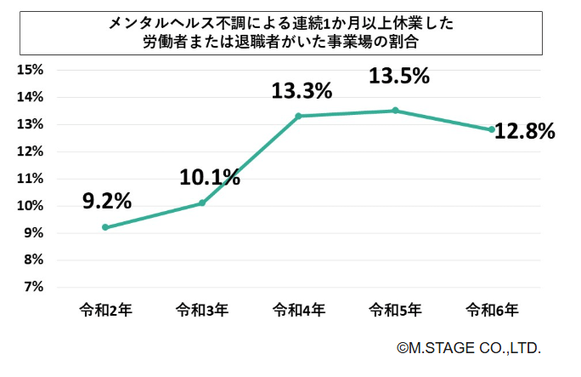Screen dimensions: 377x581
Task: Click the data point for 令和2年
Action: [x=105, y=227]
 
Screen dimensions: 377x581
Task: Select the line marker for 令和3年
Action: [x=202, y=203]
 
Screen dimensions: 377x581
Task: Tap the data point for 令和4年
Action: [x=299, y=116]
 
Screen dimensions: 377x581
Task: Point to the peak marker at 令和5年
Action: [x=395, y=111]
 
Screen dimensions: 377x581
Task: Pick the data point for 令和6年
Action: [x=492, y=129]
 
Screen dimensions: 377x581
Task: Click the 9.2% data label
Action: [x=106, y=201]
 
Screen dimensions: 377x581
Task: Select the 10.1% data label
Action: [x=209, y=177]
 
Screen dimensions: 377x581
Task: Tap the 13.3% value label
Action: [x=302, y=89]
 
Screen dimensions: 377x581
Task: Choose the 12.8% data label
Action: [x=526, y=131]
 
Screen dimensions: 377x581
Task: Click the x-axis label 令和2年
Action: [x=105, y=311]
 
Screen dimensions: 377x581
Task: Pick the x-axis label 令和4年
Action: [x=299, y=311]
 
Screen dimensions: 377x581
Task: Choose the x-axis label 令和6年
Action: [x=492, y=311]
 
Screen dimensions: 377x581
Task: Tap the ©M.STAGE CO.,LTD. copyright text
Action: [x=468, y=348]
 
